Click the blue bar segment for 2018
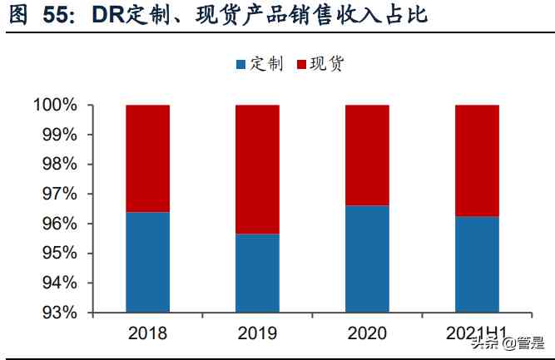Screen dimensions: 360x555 (147, 262)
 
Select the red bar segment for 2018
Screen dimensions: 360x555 (147, 159)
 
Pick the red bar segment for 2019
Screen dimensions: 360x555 (257, 170)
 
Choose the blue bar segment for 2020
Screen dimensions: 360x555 (367, 259)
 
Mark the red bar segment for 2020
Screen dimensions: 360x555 (367, 155)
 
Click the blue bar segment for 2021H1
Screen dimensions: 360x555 (477, 264)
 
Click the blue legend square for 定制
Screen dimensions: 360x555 (241, 64)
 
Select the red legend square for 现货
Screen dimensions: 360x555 (300, 64)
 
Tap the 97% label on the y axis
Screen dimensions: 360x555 (59, 195)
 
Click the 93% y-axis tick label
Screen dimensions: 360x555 (59, 313)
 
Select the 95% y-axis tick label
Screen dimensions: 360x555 (59, 254)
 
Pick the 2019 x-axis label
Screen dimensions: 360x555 (257, 333)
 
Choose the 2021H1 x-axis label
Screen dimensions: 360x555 (477, 333)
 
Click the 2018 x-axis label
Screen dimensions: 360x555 (147, 333)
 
